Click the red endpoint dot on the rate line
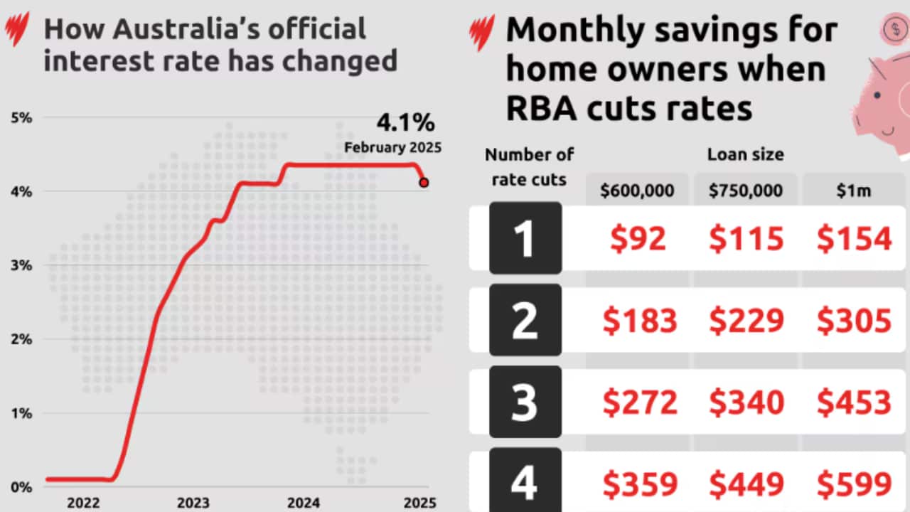click(x=424, y=183)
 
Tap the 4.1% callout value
click(x=405, y=122)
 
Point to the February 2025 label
click(x=392, y=148)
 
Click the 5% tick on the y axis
click(x=21, y=117)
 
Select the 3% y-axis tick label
click(x=21, y=265)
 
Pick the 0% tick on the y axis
click(x=21, y=487)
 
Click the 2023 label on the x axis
click(x=193, y=503)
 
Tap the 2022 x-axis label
click(x=84, y=503)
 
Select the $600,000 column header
click(x=637, y=191)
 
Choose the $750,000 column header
click(x=745, y=191)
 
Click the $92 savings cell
click(x=638, y=239)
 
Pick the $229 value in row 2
click(x=746, y=321)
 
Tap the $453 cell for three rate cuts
click(x=854, y=403)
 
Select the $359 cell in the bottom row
click(x=639, y=484)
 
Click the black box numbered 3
click(x=525, y=402)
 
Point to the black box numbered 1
click(x=525, y=239)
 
